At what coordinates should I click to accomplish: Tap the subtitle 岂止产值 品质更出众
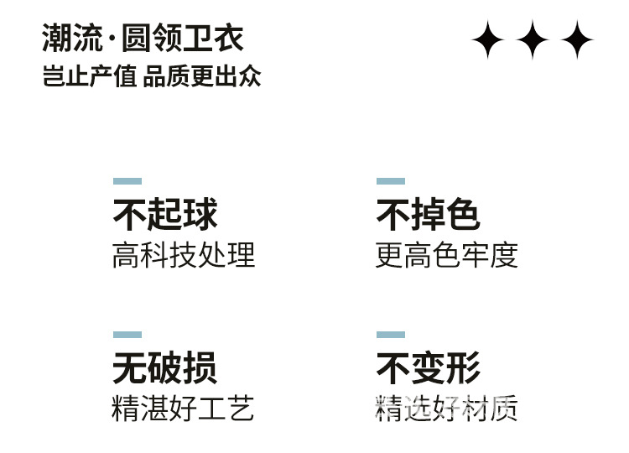pyautogui.click(x=152, y=76)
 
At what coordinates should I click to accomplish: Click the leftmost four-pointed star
pyautogui.click(x=487, y=39)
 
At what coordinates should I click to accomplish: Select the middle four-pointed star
pyautogui.click(x=532, y=39)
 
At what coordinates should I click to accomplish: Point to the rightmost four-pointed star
pyautogui.click(x=577, y=39)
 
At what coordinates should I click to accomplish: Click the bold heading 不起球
pyautogui.click(x=165, y=215)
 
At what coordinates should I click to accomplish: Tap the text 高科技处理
pyautogui.click(x=183, y=255)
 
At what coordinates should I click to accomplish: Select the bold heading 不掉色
pyautogui.click(x=428, y=215)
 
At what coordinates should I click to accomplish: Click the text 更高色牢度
pyautogui.click(x=446, y=255)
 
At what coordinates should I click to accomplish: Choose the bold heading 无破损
pyautogui.click(x=165, y=368)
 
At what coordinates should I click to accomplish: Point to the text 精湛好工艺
pyautogui.click(x=183, y=409)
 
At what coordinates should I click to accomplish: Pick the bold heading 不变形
pyautogui.click(x=428, y=368)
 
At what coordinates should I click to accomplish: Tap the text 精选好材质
pyautogui.click(x=446, y=409)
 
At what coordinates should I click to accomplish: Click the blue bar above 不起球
pyautogui.click(x=127, y=181)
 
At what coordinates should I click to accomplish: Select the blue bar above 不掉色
pyautogui.click(x=391, y=181)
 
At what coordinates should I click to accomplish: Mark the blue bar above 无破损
pyautogui.click(x=127, y=335)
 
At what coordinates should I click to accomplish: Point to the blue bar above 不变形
pyautogui.click(x=391, y=335)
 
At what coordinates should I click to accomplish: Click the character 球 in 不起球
pyautogui.click(x=200, y=215)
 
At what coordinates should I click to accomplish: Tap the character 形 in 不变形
pyautogui.click(x=463, y=368)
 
